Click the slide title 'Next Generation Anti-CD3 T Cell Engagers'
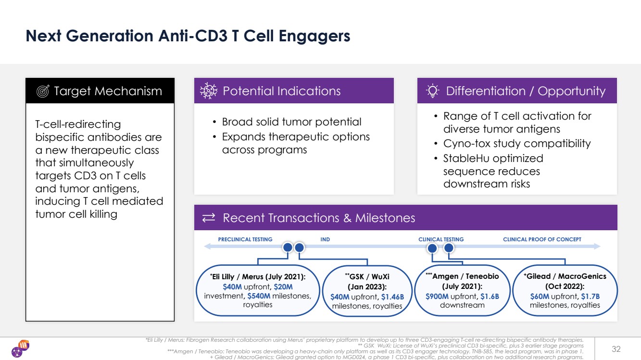pos(188,36)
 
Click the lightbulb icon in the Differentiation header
pos(433,91)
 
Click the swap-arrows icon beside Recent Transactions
pos(209,218)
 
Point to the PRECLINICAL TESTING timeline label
pos(245,239)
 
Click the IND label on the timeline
pos(325,239)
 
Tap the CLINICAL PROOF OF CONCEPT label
pos(542,239)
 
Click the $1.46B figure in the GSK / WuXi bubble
pos(392,297)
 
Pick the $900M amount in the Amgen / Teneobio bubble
pos(437,296)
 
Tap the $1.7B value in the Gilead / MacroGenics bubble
pos(590,296)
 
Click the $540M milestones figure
pos(259,296)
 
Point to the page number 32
pos(616,348)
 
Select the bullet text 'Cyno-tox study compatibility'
pos(517,144)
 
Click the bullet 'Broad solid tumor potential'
pos(291,122)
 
